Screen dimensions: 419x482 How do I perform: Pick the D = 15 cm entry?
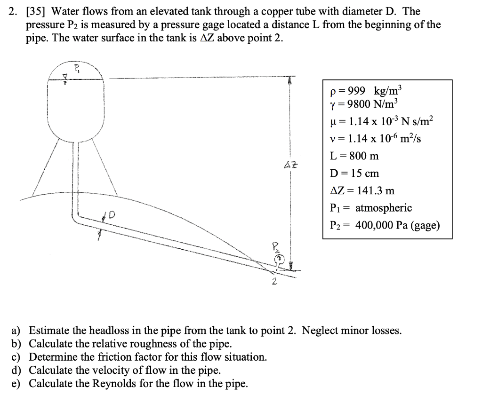(x=355, y=173)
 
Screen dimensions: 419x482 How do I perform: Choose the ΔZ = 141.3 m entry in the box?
(x=363, y=190)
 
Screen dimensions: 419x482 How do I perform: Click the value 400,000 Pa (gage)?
(x=397, y=225)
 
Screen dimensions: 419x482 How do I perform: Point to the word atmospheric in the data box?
(x=383, y=208)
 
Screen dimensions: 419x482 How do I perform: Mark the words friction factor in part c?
(x=144, y=357)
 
